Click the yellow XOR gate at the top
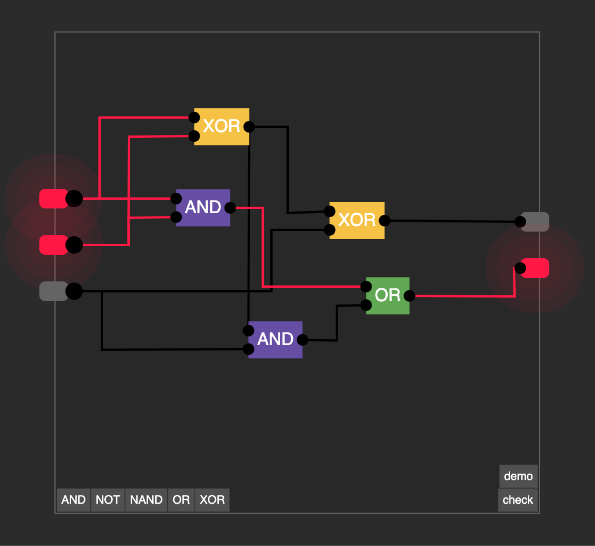click(x=222, y=127)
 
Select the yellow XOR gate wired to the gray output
click(x=357, y=220)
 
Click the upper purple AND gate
click(x=203, y=207)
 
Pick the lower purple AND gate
click(x=276, y=339)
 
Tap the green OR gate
click(x=388, y=295)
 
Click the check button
click(x=517, y=500)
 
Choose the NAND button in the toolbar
click(x=146, y=500)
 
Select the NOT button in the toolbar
click(x=108, y=500)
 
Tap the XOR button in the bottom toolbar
click(x=212, y=500)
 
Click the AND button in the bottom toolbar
click(x=74, y=500)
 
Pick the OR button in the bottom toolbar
click(x=181, y=500)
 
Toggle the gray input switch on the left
click(x=54, y=291)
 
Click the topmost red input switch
click(x=54, y=199)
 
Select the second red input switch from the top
click(x=54, y=245)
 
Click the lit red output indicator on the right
click(x=535, y=268)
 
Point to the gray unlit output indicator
click(x=535, y=222)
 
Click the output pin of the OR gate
click(x=410, y=296)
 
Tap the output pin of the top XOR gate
click(x=249, y=127)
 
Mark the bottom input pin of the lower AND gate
click(x=248, y=349)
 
